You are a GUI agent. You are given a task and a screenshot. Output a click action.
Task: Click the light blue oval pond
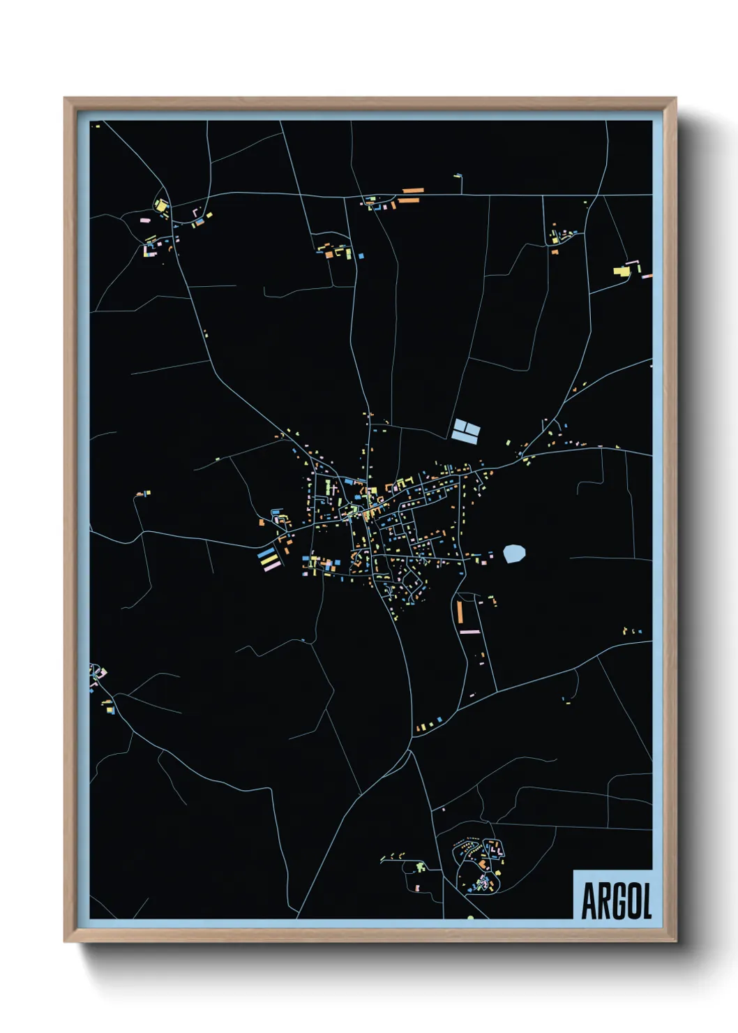tap(514, 554)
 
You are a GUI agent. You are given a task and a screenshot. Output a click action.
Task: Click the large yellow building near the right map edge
tap(621, 270)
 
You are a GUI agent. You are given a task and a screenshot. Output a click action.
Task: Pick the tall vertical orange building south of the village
tap(460, 612)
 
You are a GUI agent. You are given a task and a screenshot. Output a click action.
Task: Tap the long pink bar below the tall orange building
tap(469, 632)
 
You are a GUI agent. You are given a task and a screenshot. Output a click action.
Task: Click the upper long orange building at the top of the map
tap(412, 190)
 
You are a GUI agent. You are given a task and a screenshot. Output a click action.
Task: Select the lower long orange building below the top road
tap(409, 200)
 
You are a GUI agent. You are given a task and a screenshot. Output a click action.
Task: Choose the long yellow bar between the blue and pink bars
tap(268, 560)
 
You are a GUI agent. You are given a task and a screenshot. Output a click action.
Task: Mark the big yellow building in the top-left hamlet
tap(161, 206)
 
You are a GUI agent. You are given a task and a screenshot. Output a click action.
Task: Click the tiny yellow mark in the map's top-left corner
tap(97, 126)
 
